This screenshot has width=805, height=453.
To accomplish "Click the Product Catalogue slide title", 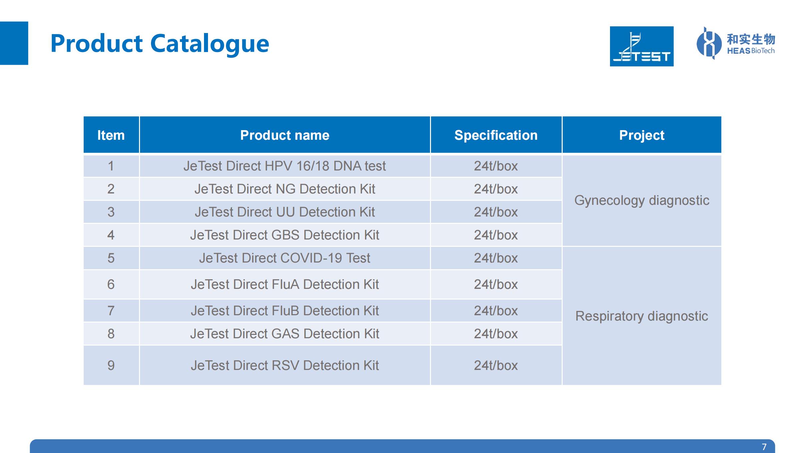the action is [x=160, y=44].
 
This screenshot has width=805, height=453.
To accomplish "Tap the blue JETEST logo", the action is [x=642, y=46].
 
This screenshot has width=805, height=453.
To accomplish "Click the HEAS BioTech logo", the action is [x=736, y=43].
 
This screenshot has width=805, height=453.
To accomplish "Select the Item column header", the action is [x=111, y=135].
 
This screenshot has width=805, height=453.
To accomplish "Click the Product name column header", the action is [x=285, y=135].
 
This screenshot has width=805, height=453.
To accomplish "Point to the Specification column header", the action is [x=496, y=135].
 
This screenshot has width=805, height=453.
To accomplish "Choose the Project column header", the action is [x=642, y=135].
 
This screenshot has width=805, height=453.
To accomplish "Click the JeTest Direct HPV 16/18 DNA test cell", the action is [x=285, y=166].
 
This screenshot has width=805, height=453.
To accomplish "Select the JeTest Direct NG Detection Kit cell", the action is [x=285, y=189].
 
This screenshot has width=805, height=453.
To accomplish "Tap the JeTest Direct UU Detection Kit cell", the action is [x=285, y=212].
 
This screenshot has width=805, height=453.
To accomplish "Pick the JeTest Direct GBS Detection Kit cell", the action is [x=285, y=235].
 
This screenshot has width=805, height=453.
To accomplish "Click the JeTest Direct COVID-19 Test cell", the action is [x=285, y=258].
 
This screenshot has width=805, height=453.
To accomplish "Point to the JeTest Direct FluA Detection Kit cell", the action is [x=285, y=284].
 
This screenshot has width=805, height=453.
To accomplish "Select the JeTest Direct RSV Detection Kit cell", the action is [x=285, y=365].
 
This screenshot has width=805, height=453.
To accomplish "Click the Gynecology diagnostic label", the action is [x=642, y=201].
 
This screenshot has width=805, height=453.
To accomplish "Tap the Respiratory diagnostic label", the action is [x=642, y=316].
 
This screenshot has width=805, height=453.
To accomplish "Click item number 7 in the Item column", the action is [x=111, y=311].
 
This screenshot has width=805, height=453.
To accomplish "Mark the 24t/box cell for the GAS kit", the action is [x=496, y=334].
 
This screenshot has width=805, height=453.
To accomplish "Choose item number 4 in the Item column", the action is [x=111, y=235].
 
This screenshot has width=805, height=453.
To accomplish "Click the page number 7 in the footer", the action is [x=764, y=447].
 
